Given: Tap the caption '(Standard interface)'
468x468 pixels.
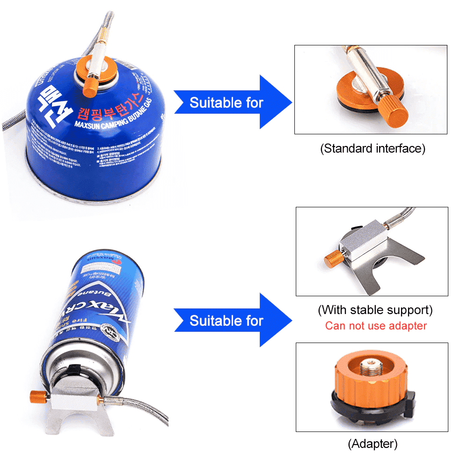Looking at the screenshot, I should coord(373,149).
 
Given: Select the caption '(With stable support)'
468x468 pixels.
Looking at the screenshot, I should coord(375,310).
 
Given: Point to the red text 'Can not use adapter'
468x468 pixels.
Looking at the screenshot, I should coord(376,326).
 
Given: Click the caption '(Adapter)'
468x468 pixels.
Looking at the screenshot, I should coord(373,443).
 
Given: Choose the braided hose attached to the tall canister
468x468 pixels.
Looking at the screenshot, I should coord(140,407).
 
